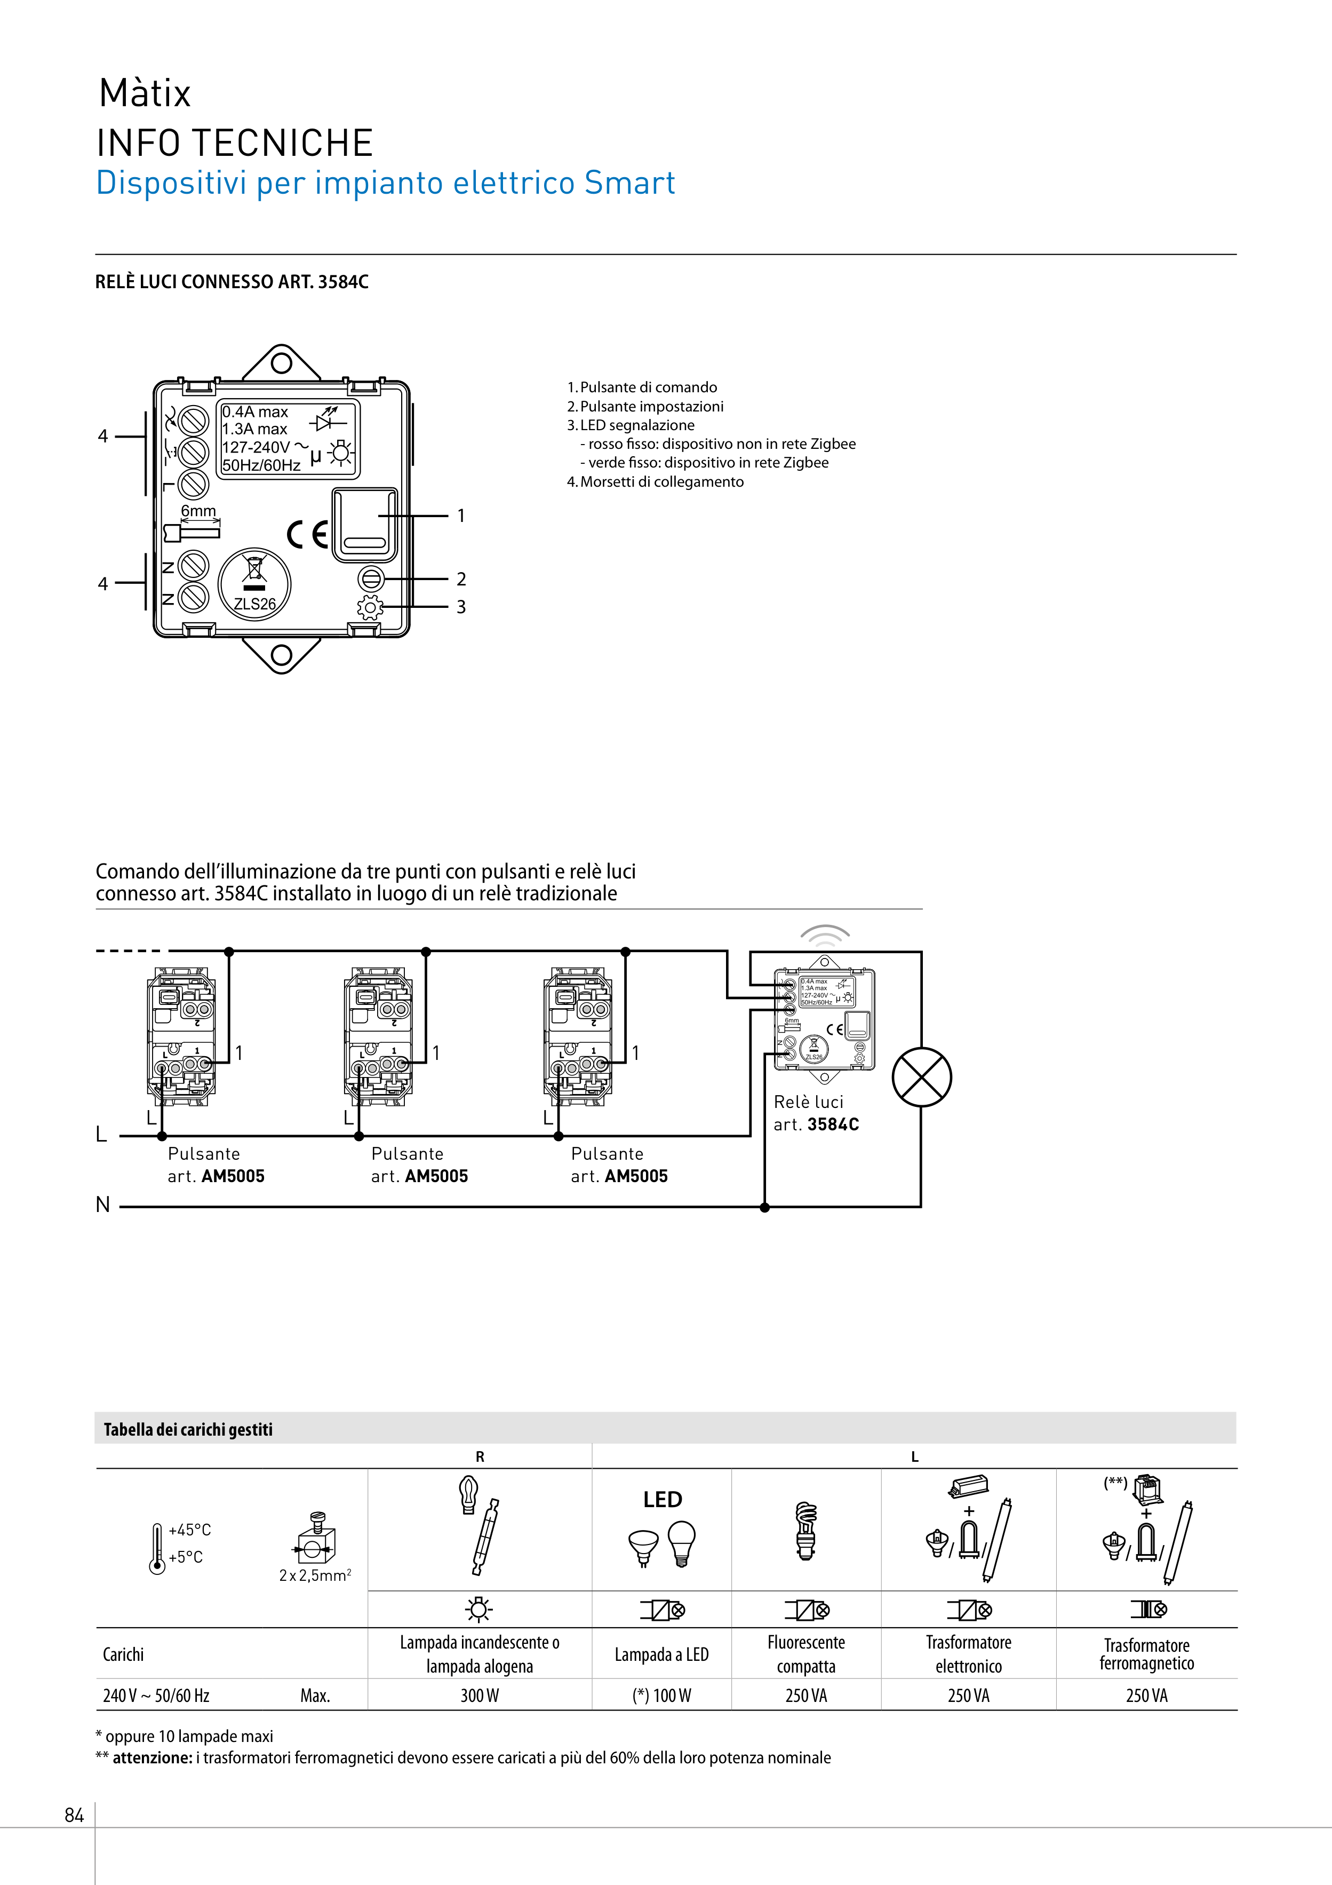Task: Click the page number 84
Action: (x=74, y=1815)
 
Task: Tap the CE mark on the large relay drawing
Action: (x=308, y=535)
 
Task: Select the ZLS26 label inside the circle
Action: (x=254, y=604)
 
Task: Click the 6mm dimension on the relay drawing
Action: (x=198, y=511)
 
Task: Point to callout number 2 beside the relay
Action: (x=461, y=580)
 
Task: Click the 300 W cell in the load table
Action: (x=479, y=1696)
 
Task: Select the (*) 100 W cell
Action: (x=661, y=1696)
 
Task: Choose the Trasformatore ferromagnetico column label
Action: (x=1146, y=1654)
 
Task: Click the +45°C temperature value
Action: (x=189, y=1530)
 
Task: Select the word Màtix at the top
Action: (x=145, y=93)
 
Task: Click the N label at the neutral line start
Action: (x=102, y=1205)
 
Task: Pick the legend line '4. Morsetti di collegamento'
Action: (x=655, y=482)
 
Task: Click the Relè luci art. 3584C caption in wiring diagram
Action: (x=816, y=1113)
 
